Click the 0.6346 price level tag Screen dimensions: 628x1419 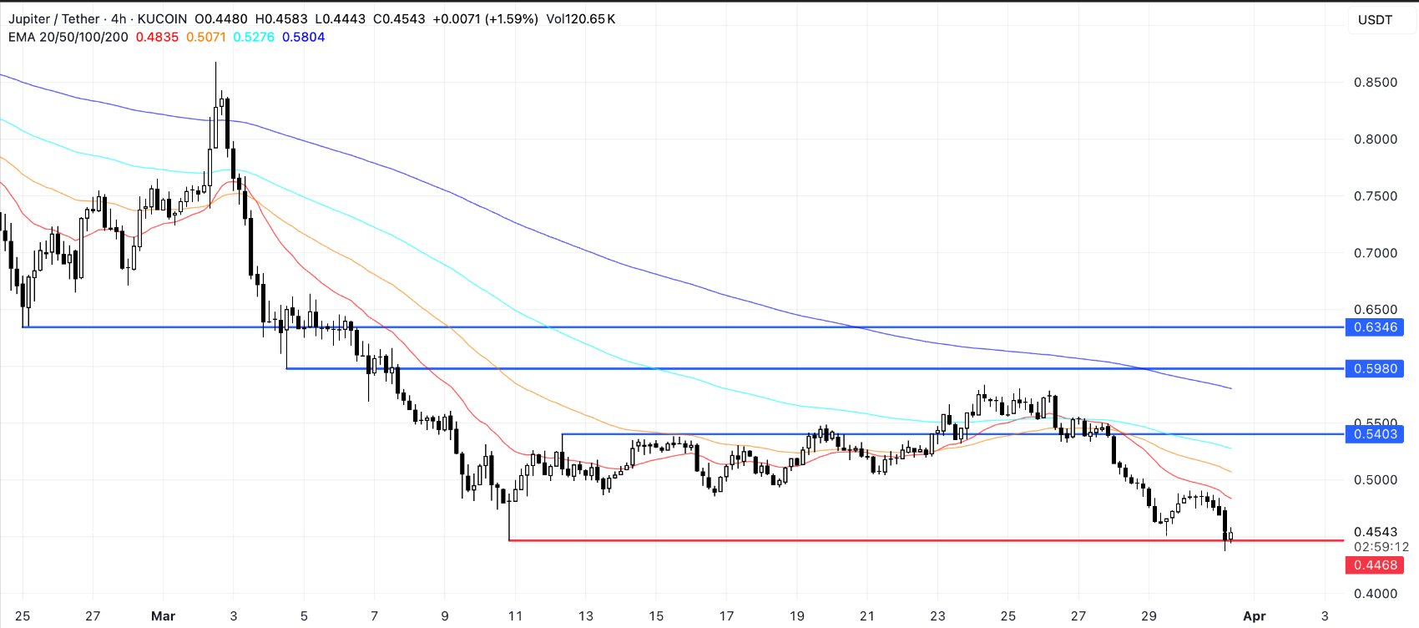point(1375,327)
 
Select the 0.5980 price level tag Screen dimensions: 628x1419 point(1375,368)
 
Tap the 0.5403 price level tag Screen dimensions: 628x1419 point(1375,434)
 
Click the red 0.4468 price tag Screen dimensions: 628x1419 point(1375,565)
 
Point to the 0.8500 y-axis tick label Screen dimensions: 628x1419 point(1375,83)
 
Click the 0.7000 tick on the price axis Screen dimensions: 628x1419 point(1375,253)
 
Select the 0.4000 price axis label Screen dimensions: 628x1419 point(1375,594)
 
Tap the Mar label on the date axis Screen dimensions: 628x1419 point(163,616)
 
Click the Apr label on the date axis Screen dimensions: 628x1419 point(1254,616)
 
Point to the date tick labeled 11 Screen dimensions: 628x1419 point(515,616)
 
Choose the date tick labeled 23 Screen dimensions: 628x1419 point(937,616)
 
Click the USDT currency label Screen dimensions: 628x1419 point(1375,20)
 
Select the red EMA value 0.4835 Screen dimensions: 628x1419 point(157,38)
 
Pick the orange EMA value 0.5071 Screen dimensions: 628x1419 point(206,38)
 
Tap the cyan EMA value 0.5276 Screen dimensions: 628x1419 point(254,38)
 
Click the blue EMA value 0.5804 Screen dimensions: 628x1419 point(303,38)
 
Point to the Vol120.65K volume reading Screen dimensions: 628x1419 point(580,19)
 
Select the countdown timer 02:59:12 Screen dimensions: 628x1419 point(1381,547)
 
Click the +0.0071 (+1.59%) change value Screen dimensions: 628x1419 point(485,19)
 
